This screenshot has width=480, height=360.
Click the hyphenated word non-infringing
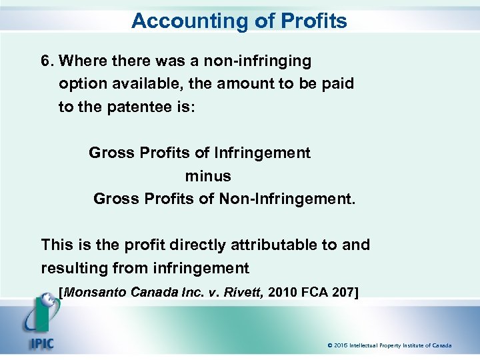tap(256, 61)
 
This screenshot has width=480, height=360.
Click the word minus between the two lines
tap(208, 176)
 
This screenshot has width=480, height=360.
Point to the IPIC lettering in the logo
tap(41, 344)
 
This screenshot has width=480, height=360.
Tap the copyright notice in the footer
tap(389, 345)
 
